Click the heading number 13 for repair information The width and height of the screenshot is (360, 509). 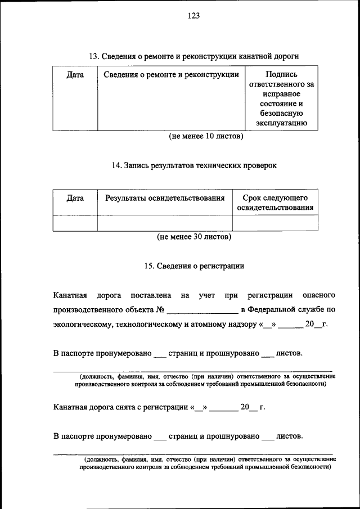pos(94,56)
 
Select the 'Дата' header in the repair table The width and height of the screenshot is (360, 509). pos(75,74)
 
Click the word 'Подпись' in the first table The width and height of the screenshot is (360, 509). pos(281,74)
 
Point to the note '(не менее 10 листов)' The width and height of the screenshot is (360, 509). pos(206,136)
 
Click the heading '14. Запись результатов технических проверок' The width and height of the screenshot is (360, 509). pos(194,165)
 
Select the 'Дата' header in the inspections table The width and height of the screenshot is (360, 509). pos(75,198)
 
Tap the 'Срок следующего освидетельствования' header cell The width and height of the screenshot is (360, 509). pos(275,202)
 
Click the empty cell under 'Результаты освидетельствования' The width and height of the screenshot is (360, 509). pos(165,223)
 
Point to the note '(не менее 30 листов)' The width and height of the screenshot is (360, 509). pos(194,237)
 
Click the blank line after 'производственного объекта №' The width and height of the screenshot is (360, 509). pos(202,310)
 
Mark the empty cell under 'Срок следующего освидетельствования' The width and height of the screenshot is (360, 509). pos(275,223)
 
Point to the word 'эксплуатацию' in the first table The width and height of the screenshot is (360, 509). pos(281,124)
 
